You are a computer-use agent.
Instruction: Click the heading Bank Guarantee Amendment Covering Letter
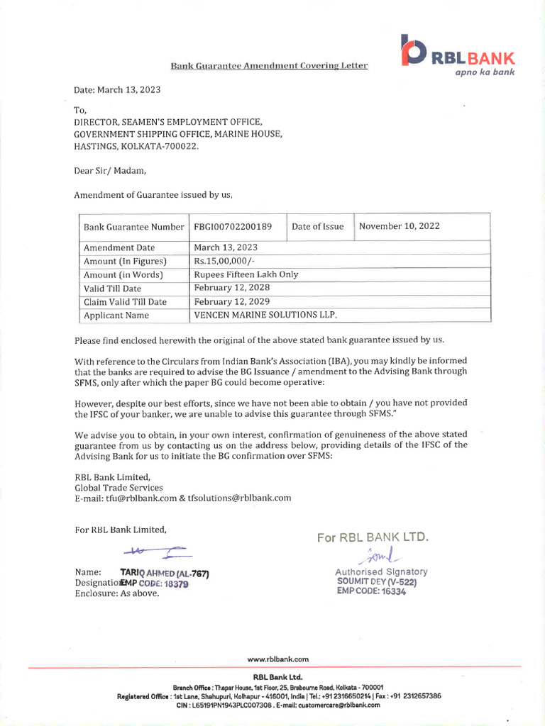pyautogui.click(x=270, y=66)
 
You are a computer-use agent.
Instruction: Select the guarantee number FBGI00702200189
pyautogui.click(x=233, y=227)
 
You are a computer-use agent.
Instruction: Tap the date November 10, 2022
pyautogui.click(x=400, y=227)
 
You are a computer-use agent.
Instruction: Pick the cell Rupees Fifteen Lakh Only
pyautogui.click(x=246, y=274)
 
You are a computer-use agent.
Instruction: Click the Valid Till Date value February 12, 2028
pyautogui.click(x=232, y=288)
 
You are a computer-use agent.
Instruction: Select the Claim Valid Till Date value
pyautogui.click(x=232, y=301)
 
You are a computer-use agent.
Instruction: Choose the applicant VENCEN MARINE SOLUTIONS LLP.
pyautogui.click(x=265, y=315)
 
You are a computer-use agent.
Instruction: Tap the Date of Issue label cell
pyautogui.click(x=317, y=227)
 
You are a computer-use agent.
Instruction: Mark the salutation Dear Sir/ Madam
pyautogui.click(x=110, y=170)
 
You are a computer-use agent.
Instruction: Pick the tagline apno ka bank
pyautogui.click(x=485, y=72)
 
